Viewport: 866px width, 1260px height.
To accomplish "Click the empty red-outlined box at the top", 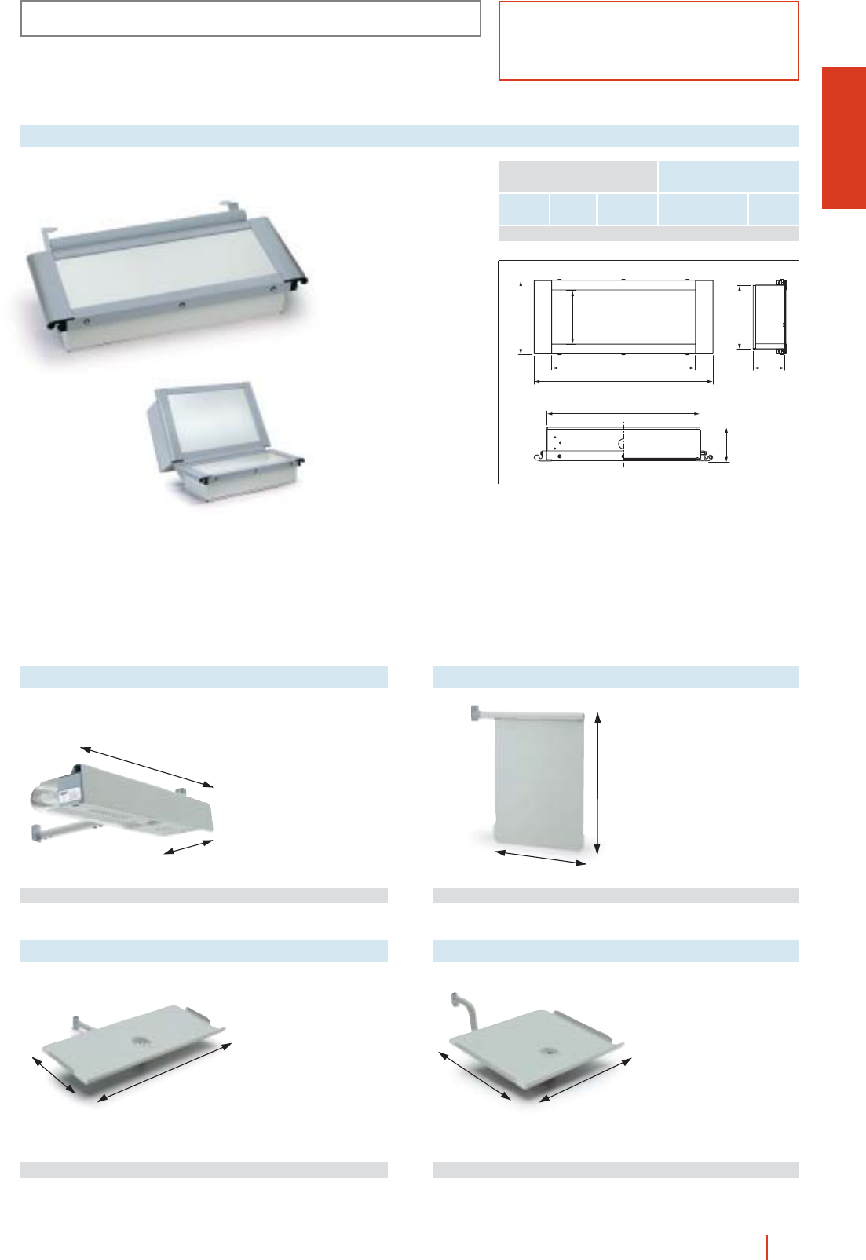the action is (x=649, y=41).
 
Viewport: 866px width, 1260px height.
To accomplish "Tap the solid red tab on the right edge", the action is (x=843, y=137).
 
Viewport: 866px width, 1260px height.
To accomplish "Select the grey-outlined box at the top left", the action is (x=250, y=19).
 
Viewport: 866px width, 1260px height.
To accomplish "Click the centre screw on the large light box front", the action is (x=181, y=304).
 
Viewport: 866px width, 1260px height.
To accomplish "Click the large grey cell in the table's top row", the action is (x=577, y=177).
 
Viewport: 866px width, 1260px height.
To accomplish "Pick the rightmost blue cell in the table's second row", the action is (x=773, y=210).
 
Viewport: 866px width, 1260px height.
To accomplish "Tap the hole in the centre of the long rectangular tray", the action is (x=141, y=1040).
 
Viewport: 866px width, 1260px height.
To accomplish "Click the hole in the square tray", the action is (x=545, y=1049).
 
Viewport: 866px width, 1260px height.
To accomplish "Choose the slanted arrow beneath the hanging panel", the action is (x=541, y=858).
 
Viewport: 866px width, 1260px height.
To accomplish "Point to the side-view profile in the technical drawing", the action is (x=769, y=315).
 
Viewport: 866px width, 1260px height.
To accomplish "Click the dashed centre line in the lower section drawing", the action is (x=623, y=445).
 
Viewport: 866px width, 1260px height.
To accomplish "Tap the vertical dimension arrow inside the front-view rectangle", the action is (x=573, y=317).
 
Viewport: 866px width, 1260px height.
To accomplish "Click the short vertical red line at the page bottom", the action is (x=767, y=1247).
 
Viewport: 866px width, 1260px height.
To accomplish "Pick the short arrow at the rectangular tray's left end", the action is (x=53, y=1075).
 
